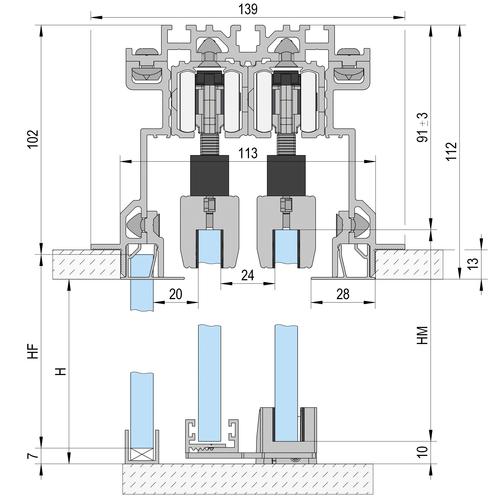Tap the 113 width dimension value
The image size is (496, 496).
pos(248,153)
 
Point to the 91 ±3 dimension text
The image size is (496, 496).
pos(422,128)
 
